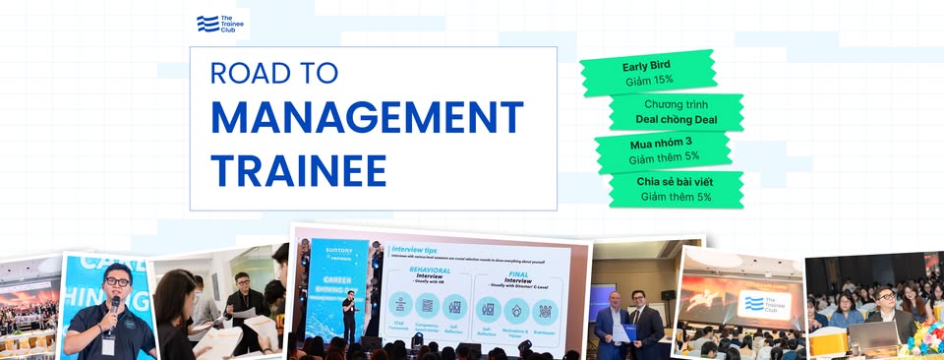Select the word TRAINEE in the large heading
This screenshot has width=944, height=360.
(x=298, y=169)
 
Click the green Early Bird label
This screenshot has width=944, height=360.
(x=647, y=72)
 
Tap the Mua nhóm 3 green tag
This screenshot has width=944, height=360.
(x=662, y=149)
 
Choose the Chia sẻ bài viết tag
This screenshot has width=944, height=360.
(x=676, y=188)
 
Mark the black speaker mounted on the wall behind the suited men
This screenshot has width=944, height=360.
(x=667, y=295)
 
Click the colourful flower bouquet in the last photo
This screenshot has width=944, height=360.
(x=927, y=338)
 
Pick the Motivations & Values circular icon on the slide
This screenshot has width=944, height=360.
(x=516, y=309)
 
